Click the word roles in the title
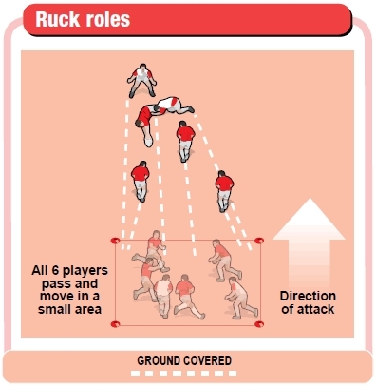point(106,19)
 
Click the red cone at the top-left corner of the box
point(115,241)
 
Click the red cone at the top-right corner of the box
point(259,241)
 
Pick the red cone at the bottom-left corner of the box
point(115,325)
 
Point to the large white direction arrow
point(310,238)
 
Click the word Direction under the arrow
point(310,296)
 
